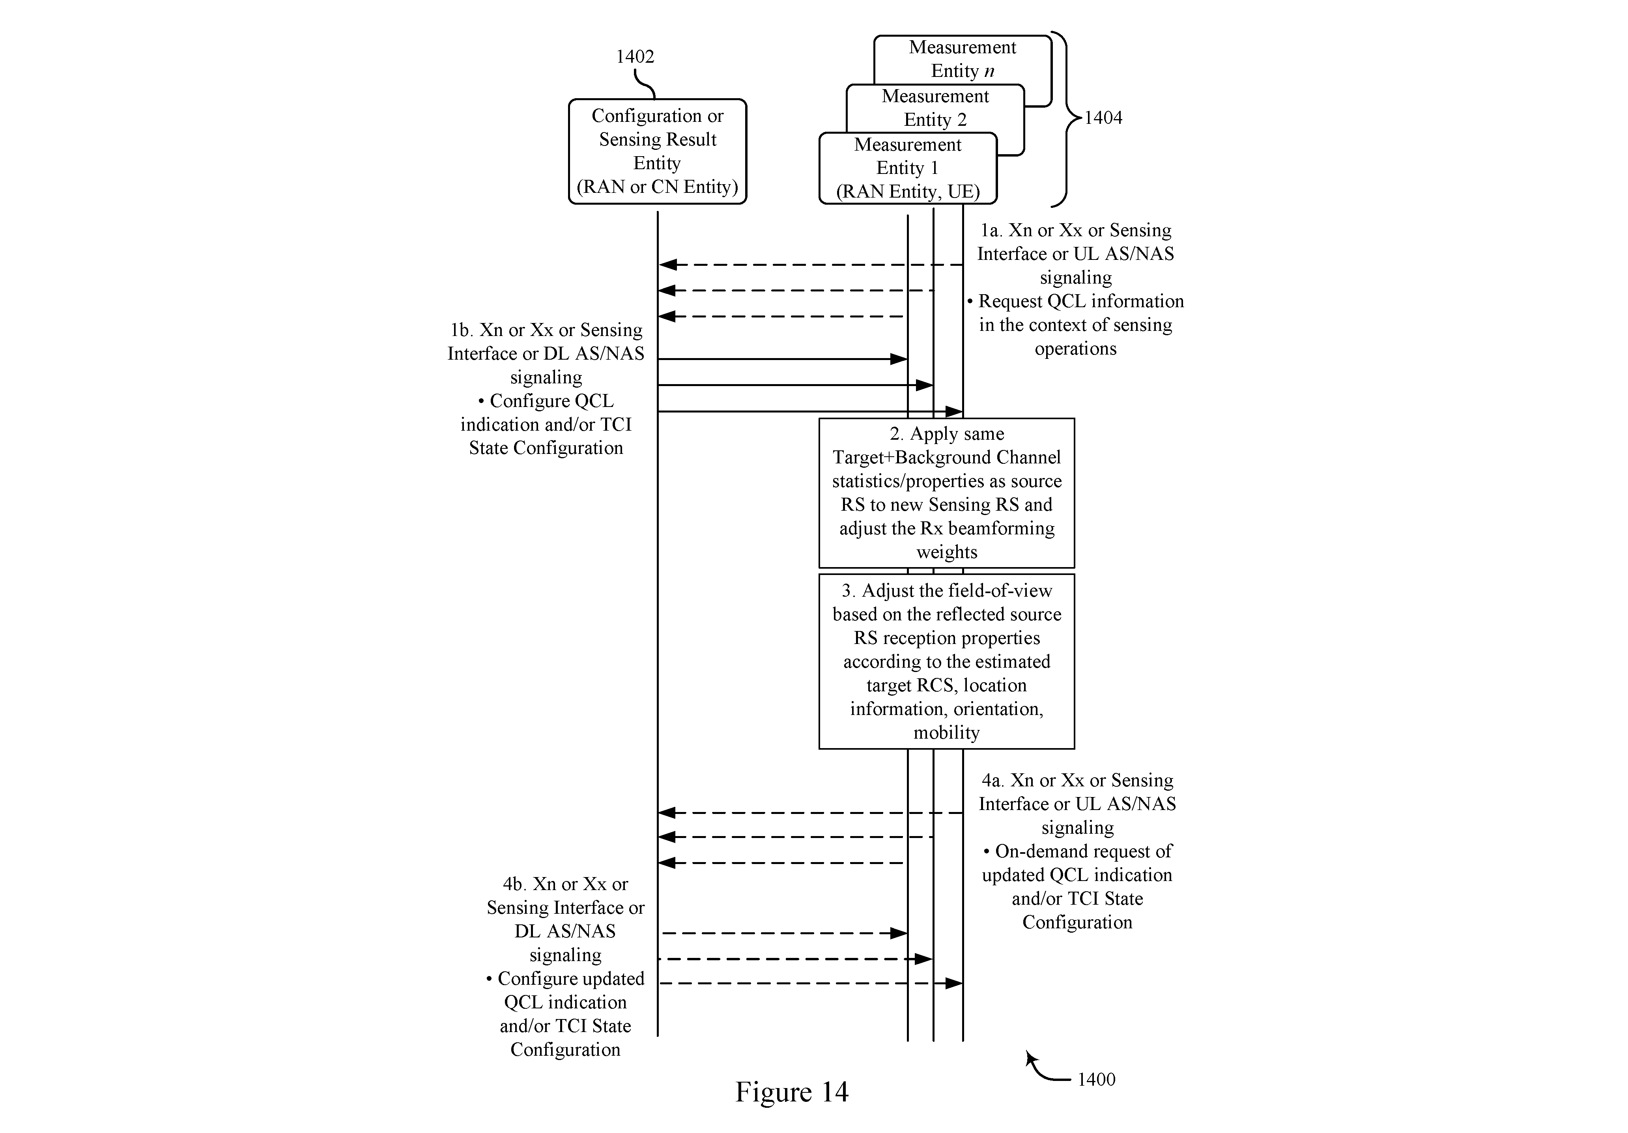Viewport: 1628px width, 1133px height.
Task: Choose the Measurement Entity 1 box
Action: (908, 168)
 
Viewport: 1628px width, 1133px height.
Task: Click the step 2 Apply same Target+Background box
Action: (947, 493)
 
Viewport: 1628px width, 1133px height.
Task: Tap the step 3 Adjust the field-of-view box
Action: (947, 661)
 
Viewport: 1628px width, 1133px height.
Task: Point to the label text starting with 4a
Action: (1077, 851)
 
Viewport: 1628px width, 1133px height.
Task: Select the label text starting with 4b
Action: (565, 966)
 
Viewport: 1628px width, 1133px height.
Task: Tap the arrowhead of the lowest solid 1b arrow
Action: (954, 411)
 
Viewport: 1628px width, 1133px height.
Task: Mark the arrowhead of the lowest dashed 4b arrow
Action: (954, 984)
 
